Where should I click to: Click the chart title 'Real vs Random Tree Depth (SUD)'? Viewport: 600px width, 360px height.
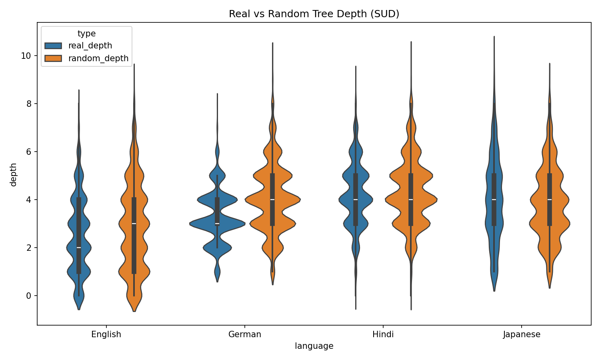pos(314,14)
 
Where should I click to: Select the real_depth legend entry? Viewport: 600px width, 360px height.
pos(90,46)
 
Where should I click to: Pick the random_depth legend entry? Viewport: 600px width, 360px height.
pos(98,58)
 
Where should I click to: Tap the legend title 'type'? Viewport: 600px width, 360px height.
pos(86,34)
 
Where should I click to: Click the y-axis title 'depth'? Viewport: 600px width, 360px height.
pos(14,174)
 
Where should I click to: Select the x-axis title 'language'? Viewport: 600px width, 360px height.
pos(314,346)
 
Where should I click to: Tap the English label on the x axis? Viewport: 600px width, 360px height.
pos(106,334)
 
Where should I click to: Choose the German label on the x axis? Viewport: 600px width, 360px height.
pos(245,334)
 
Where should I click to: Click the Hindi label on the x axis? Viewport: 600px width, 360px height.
pos(383,334)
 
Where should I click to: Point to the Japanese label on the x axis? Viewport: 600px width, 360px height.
pos(522,334)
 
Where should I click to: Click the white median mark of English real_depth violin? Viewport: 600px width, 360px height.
pos(79,248)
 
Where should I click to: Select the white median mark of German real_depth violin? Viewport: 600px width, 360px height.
pos(217,224)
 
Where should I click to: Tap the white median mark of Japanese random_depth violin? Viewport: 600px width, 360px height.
pos(550,200)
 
